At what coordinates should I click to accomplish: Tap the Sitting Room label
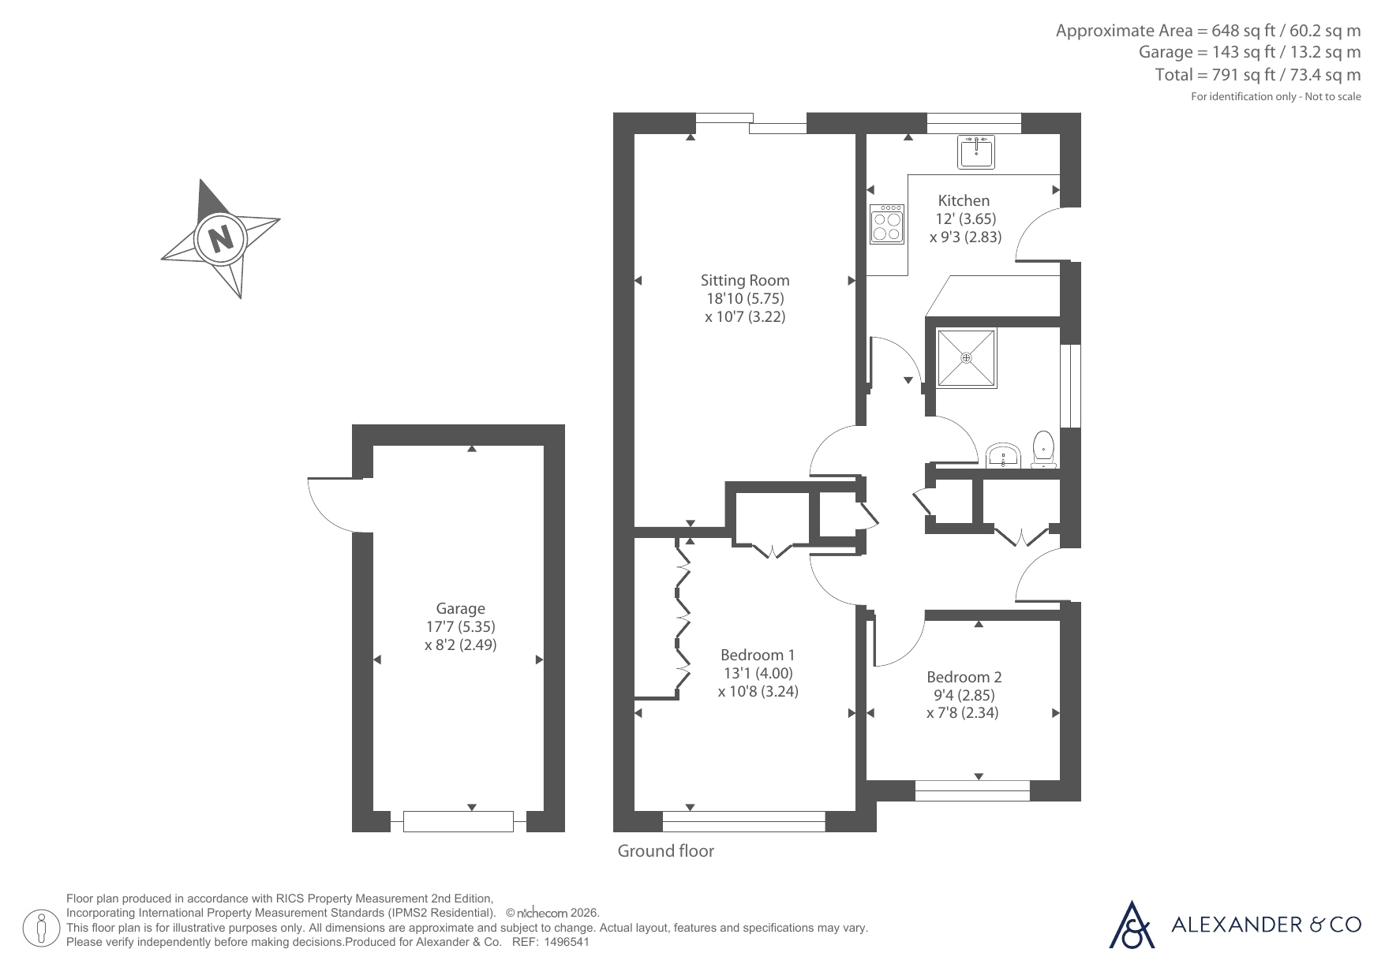745,280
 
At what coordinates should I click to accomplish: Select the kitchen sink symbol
976,151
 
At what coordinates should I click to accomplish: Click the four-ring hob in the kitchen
887,224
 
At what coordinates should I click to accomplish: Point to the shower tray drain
967,357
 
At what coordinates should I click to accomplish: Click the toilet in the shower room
1044,450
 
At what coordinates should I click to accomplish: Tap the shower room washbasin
1003,456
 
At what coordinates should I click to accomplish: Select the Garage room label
461,608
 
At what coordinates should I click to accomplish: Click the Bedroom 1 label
758,655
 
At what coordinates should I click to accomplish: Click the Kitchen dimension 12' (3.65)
966,219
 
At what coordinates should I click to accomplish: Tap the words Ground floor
665,850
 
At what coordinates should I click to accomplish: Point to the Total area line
1258,75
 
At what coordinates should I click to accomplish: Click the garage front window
459,821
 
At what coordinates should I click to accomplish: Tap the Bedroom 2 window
972,790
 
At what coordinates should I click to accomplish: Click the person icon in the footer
40,928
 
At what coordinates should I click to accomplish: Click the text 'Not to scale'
1333,96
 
